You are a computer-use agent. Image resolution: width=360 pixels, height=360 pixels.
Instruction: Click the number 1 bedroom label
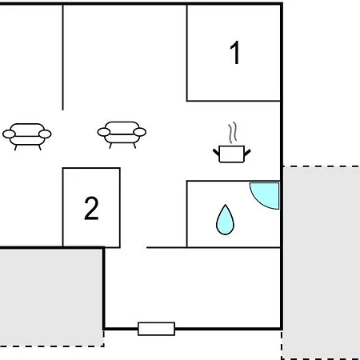[x=235, y=53]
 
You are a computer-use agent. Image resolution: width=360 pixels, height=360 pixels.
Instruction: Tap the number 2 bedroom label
[x=91, y=208]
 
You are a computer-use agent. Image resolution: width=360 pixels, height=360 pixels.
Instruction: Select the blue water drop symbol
[x=225, y=220]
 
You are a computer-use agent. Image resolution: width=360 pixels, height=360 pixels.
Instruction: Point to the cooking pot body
[x=231, y=154]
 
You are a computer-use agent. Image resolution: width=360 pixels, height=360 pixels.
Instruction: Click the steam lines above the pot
[x=233, y=133]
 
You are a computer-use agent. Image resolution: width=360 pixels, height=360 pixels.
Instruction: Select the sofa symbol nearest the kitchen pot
[x=122, y=134]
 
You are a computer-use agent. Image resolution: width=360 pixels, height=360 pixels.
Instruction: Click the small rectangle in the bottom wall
[x=156, y=329]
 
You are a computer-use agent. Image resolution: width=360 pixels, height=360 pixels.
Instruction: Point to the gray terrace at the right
[x=322, y=262]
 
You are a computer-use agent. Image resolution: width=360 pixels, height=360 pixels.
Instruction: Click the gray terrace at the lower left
[x=51, y=298]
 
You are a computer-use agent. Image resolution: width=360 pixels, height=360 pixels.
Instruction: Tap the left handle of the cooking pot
[x=216, y=153]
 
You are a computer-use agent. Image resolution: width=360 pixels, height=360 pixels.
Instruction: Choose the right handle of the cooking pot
[x=247, y=153]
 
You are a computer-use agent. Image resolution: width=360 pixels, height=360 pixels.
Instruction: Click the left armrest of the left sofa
[x=9, y=134]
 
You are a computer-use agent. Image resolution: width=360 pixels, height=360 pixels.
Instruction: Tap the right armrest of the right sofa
[x=140, y=132]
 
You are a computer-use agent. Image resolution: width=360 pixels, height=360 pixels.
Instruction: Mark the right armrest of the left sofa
[x=45, y=134]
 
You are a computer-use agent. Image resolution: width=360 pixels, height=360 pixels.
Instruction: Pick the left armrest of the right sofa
[x=104, y=132]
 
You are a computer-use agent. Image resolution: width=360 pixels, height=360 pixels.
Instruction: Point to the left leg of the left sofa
[x=15, y=147]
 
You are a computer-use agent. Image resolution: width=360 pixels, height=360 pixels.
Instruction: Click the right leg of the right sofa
[x=134, y=146]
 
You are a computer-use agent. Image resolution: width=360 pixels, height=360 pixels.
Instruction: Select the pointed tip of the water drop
[x=226, y=205]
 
